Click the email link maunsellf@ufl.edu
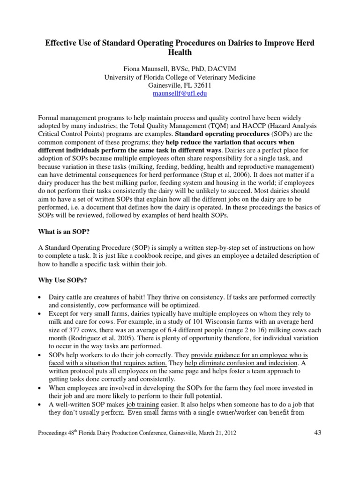coord(180,94)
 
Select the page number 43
coord(318,433)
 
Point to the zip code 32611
coord(201,86)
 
